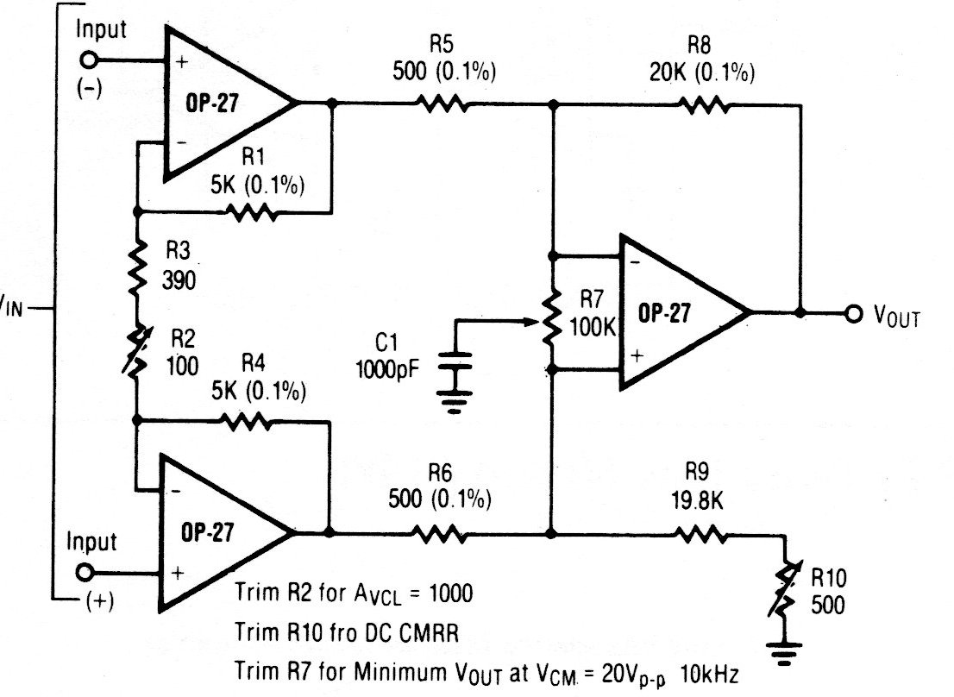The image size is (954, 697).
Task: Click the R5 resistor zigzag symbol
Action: (442, 103)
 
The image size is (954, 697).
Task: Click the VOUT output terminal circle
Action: (854, 313)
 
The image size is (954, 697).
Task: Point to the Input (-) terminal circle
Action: (89, 60)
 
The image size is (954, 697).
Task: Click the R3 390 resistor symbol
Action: (136, 268)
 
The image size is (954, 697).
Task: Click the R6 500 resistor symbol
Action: (442, 534)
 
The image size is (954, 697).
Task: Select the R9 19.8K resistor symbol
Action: (704, 534)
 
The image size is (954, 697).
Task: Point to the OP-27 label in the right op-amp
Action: (663, 314)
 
